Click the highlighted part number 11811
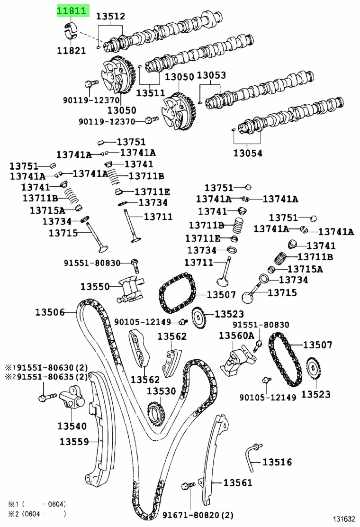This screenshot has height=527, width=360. (72, 10)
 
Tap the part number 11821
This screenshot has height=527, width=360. (72, 51)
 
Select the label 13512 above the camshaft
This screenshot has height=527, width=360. (111, 17)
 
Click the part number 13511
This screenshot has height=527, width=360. (150, 93)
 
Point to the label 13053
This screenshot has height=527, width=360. (211, 75)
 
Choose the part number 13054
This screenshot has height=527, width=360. (247, 153)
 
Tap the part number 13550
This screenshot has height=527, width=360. (95, 286)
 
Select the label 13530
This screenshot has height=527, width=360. (161, 391)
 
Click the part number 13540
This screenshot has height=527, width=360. (72, 426)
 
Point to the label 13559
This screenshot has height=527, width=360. (74, 442)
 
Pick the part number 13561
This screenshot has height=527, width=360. (238, 483)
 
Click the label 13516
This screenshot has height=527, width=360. (277, 462)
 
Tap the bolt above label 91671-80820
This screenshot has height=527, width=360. (188, 486)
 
